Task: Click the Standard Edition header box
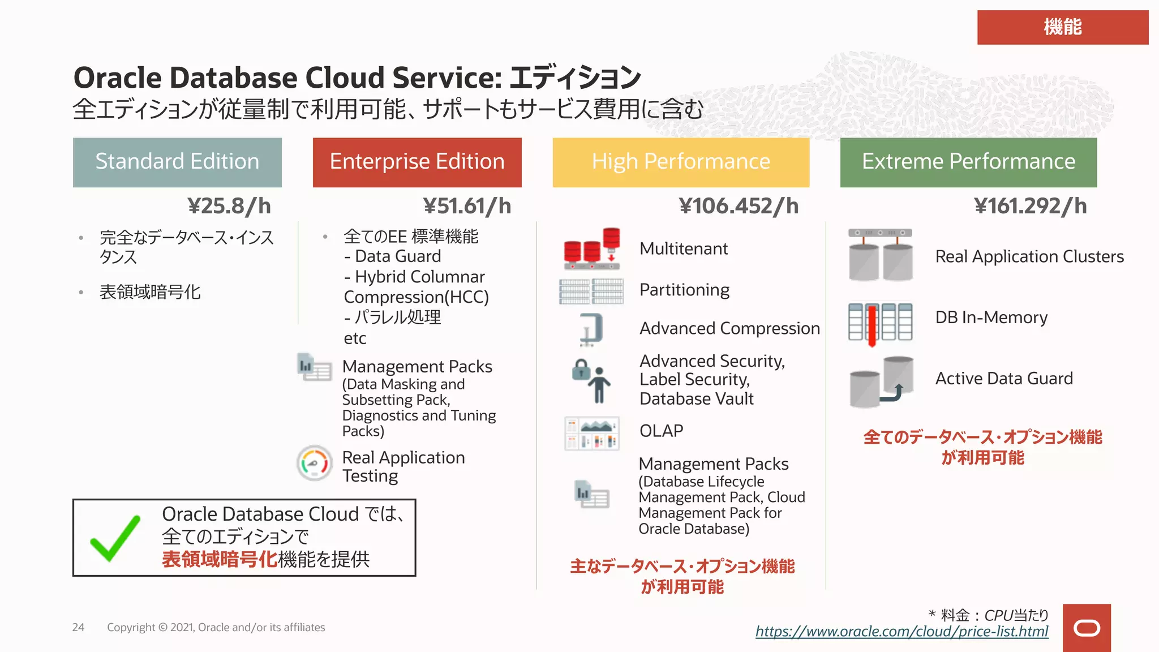(x=177, y=162)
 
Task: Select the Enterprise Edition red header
(x=417, y=162)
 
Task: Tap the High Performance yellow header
(x=681, y=162)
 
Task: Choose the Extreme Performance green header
(x=968, y=162)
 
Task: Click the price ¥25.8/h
(x=229, y=206)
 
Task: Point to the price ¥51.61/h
(x=467, y=206)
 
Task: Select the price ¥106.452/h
(x=739, y=206)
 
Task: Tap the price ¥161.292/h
(x=1030, y=206)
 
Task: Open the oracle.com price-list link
(x=902, y=632)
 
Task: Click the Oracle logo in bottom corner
(x=1087, y=628)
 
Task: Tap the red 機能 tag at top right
(x=1062, y=27)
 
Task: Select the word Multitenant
(x=684, y=249)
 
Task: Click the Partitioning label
(x=684, y=290)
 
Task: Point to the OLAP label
(x=661, y=431)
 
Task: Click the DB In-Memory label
(x=991, y=318)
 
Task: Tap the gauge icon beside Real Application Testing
(x=315, y=463)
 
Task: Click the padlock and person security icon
(x=591, y=380)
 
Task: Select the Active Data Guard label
(x=1004, y=379)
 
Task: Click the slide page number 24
(x=78, y=627)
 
